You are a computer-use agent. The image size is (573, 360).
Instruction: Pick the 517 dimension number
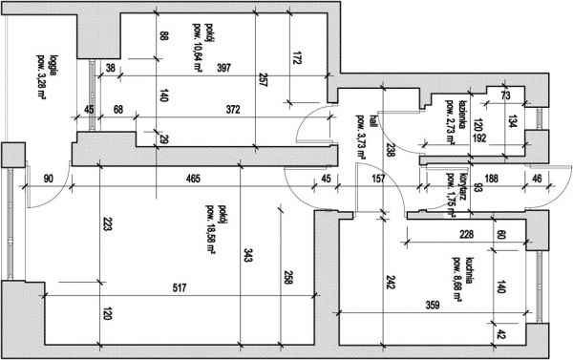[x=180, y=288]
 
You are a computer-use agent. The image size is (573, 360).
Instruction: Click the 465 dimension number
[x=193, y=179]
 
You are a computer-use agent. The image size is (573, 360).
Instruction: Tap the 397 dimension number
[x=223, y=68]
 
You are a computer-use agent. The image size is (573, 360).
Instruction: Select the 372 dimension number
[x=233, y=109]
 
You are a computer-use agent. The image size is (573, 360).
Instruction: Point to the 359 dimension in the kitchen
[x=433, y=305]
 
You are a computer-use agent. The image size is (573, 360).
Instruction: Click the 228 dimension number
[x=467, y=234]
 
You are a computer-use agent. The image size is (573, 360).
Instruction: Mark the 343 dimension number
[x=247, y=255]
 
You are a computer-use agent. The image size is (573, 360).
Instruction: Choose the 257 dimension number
[x=263, y=79]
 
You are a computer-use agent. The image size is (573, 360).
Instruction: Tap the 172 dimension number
[x=297, y=57]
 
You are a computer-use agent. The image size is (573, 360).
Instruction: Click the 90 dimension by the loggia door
[x=49, y=179]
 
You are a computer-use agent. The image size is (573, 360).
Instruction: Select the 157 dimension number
[x=378, y=179]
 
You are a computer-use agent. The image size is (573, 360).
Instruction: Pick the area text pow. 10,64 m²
[x=198, y=47]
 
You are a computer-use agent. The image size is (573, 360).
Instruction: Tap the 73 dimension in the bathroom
[x=505, y=95]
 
